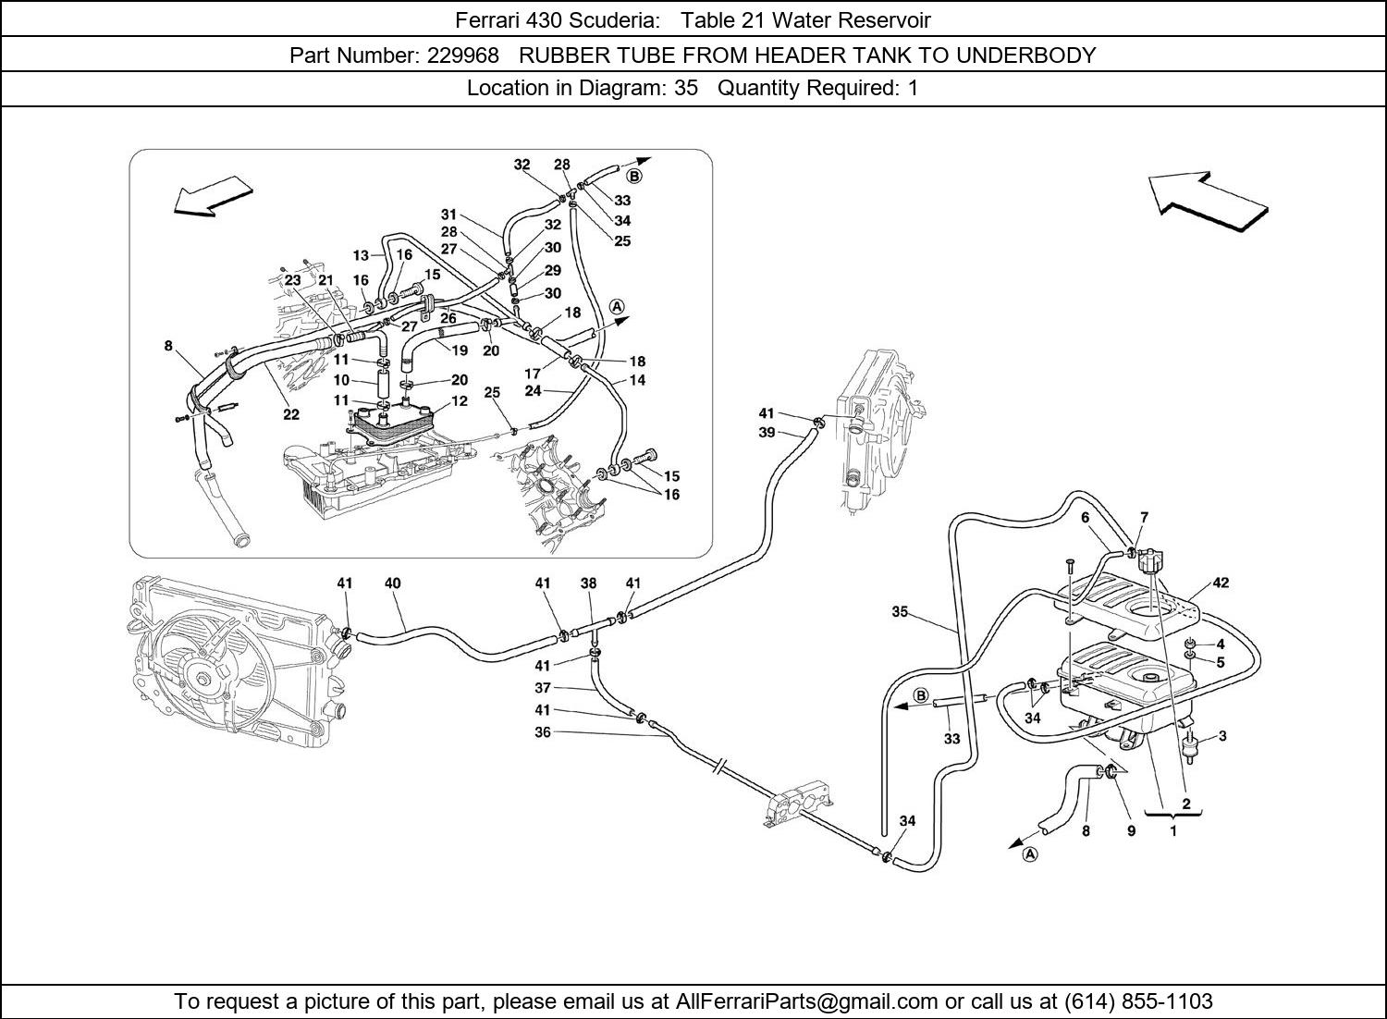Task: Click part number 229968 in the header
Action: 463,55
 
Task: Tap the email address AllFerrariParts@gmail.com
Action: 807,1001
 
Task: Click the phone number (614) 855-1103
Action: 1138,1001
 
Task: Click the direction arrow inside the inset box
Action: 213,196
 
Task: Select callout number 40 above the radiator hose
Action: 393,583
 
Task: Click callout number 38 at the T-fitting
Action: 588,583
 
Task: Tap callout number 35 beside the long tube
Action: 900,611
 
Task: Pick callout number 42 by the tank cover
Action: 1221,583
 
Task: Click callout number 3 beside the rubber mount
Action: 1222,736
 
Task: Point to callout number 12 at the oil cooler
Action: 460,400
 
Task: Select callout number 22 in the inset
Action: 291,414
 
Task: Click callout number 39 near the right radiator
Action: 767,432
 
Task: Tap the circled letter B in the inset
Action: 634,177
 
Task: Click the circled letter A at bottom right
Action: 1030,854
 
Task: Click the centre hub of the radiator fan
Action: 203,681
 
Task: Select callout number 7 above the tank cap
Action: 1145,517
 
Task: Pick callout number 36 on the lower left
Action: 543,732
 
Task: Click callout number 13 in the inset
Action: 361,255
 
